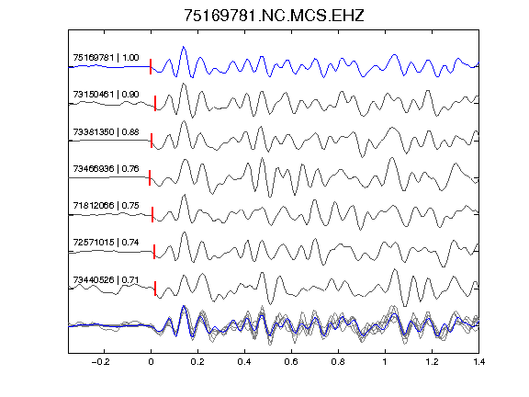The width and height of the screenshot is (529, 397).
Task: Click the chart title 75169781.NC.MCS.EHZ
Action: coord(274,16)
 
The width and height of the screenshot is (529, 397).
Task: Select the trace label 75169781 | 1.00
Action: coord(106,58)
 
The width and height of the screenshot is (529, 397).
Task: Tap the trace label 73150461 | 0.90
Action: coord(106,94)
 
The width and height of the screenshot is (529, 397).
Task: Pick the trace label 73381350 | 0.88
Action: coord(106,131)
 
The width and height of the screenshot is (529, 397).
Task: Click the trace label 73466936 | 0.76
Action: coord(106,168)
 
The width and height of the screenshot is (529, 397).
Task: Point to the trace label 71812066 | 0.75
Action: coord(106,205)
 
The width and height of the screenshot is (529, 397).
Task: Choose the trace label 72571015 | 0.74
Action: coord(106,243)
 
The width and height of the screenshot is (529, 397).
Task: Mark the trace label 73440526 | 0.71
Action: coord(106,280)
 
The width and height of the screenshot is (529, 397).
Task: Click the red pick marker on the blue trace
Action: coord(151,66)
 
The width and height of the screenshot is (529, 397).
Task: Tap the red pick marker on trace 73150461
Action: coord(155,103)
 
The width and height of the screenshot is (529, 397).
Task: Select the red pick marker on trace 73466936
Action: coord(150,177)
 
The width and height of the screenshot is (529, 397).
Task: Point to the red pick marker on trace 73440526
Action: coord(155,289)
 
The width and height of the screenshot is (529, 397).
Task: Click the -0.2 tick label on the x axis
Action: coord(100,362)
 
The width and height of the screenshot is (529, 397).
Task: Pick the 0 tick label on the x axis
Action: coord(151,362)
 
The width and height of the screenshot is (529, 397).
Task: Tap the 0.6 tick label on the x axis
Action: coord(291,362)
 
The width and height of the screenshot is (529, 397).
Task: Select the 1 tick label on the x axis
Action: coord(385,362)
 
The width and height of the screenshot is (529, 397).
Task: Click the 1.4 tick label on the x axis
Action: coord(478,362)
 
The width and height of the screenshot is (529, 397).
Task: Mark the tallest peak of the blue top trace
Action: coord(184,47)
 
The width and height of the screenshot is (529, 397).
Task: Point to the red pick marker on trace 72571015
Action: coord(154,252)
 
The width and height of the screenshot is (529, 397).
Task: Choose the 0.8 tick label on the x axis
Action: coord(338,362)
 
